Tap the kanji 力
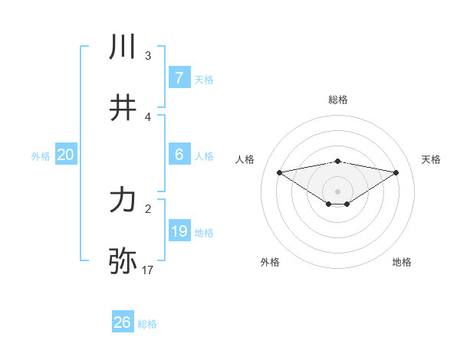pos(123,201)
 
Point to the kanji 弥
pos(123,261)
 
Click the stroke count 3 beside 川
pos(148,55)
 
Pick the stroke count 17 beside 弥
pos(148,270)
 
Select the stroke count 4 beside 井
pos(148,116)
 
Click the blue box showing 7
pos(179,78)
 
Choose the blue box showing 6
pos(179,155)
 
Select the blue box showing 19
pos(179,231)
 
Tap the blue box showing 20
pos(65,155)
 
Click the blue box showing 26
pos(122,322)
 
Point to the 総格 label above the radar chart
pos(338,100)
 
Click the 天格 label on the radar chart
pos(431,159)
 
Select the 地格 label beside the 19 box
pos(205,232)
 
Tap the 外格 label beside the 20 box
pos(41,155)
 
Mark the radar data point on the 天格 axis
pos(396,172)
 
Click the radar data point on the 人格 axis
pos(280,172)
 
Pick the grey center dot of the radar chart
pos(338,191)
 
